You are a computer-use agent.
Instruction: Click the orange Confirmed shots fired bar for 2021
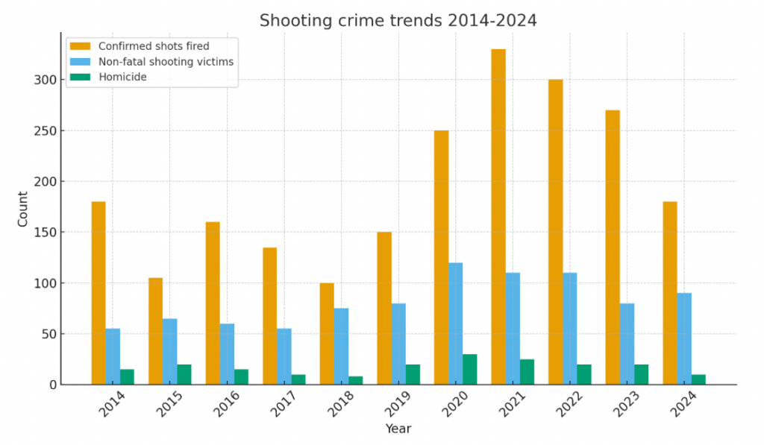click(x=498, y=217)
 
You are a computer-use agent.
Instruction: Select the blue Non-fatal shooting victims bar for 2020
click(x=455, y=324)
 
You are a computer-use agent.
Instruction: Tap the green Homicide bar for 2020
click(x=470, y=369)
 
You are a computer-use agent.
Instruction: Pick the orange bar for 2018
click(x=327, y=334)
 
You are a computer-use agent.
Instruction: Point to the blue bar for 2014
click(x=113, y=356)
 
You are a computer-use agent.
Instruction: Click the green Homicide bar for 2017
click(x=298, y=379)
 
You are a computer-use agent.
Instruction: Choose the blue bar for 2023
click(x=627, y=344)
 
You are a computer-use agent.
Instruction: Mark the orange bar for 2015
click(x=155, y=331)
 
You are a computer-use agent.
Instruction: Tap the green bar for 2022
click(x=584, y=374)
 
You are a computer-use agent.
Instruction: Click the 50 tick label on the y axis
click(x=47, y=334)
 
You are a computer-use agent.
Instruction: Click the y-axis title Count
click(x=23, y=209)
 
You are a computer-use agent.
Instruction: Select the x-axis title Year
click(x=398, y=429)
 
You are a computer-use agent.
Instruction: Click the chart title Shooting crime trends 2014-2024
click(x=398, y=21)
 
